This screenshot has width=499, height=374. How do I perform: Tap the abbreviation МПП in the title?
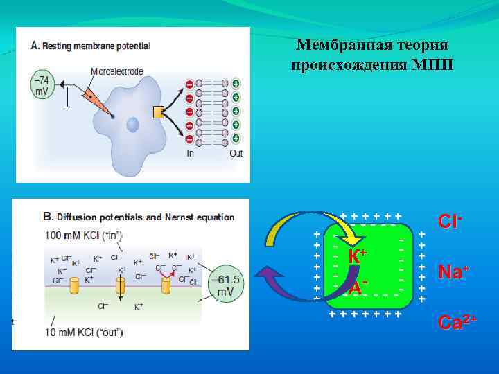coord(430,66)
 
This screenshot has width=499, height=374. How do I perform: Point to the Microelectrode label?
coord(116,71)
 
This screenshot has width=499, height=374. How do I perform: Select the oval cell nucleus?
coord(132,125)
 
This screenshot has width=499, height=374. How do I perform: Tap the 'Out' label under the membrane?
coord(236,153)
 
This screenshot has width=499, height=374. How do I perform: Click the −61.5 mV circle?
coord(226,284)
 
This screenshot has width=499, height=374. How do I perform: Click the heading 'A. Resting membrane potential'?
coord(90,46)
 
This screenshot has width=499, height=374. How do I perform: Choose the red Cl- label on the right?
coord(450,222)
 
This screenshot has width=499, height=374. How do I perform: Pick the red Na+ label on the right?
coord(453,271)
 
